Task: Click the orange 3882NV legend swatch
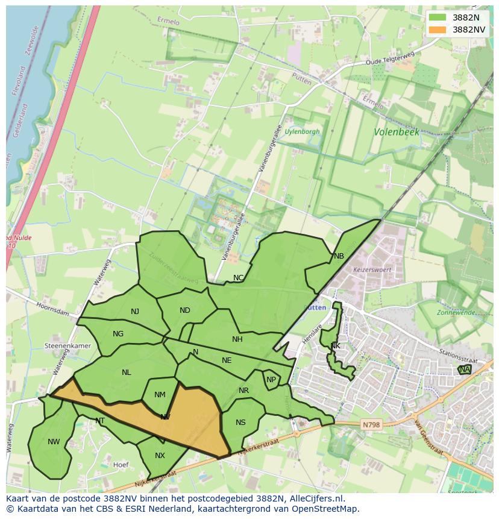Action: pyautogui.click(x=438, y=30)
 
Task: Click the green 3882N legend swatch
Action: pyautogui.click(x=438, y=17)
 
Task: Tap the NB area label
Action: pyautogui.click(x=339, y=256)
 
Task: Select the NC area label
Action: pyautogui.click(x=239, y=278)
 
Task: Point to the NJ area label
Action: pyautogui.click(x=135, y=312)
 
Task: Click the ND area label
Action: pyautogui.click(x=185, y=310)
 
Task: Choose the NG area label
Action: pyautogui.click(x=118, y=334)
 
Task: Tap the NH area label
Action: pyautogui.click(x=237, y=339)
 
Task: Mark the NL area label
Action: pyautogui.click(x=126, y=373)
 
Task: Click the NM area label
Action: pyautogui.click(x=160, y=395)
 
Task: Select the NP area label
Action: pyautogui.click(x=271, y=380)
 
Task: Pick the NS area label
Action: pyautogui.click(x=240, y=423)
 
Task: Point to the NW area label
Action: pyautogui.click(x=54, y=442)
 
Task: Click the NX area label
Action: pyautogui.click(x=160, y=456)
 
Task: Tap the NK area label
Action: pyautogui.click(x=336, y=346)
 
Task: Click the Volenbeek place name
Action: pyautogui.click(x=396, y=131)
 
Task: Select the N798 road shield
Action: pyautogui.click(x=371, y=425)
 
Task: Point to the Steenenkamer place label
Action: pyautogui.click(x=67, y=346)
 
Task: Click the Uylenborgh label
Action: pyautogui.click(x=303, y=131)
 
